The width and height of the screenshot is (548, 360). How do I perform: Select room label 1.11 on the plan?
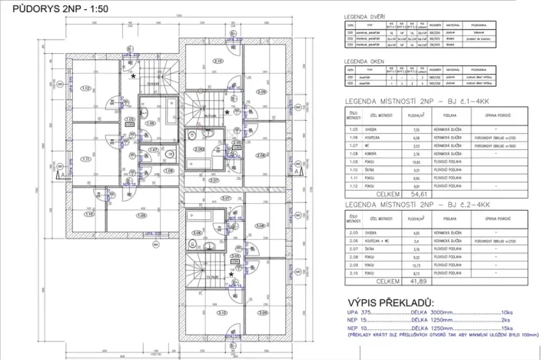point(85,159)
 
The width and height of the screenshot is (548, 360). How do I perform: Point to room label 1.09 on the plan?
point(141,215)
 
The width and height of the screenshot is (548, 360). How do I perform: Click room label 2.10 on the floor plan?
point(218,61)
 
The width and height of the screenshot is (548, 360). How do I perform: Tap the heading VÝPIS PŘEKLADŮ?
point(390,302)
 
